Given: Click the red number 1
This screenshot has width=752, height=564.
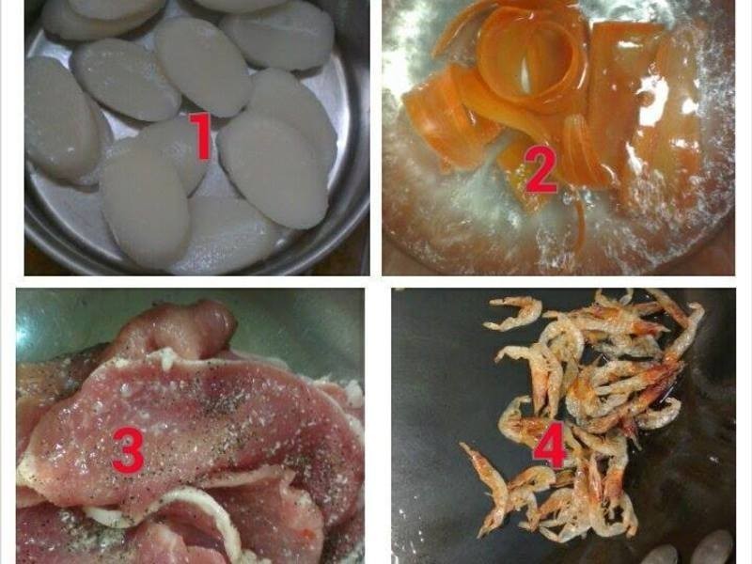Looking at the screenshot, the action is coord(200,136).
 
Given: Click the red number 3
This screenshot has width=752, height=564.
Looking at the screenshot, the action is coord(128,449).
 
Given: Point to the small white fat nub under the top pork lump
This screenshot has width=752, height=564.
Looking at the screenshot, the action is coord(165,357).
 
